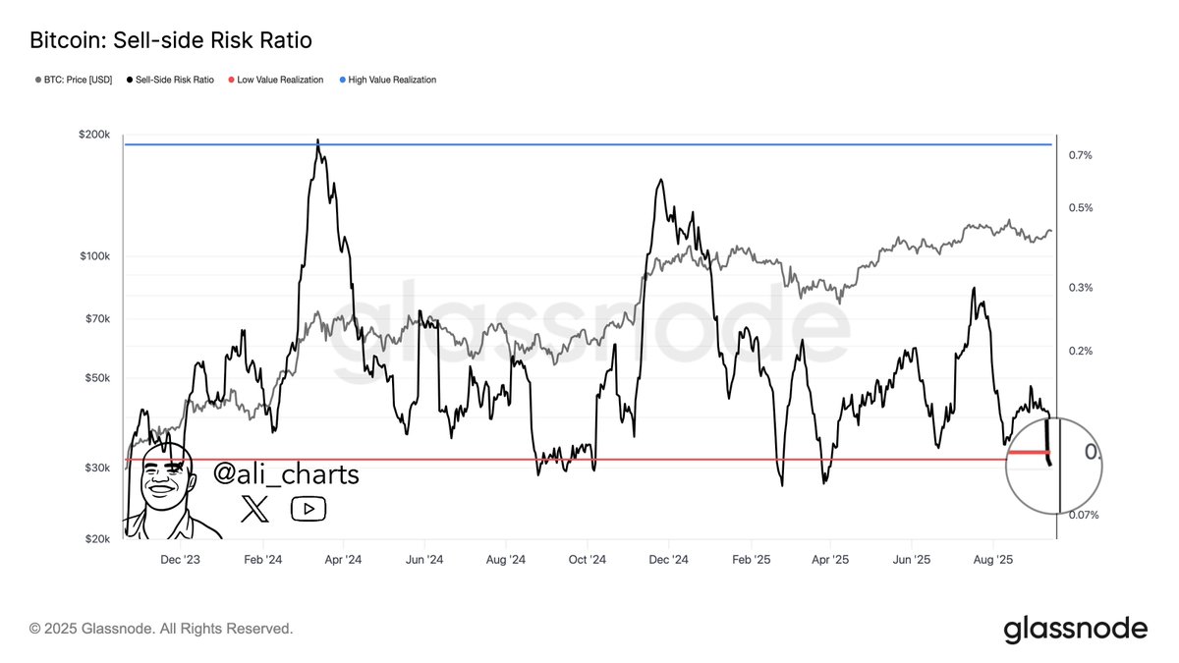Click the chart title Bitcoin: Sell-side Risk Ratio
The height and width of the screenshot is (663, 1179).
click(x=171, y=41)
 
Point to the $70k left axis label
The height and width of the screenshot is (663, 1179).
click(x=98, y=319)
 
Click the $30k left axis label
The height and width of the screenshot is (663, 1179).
click(x=98, y=469)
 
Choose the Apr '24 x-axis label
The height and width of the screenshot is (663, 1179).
click(x=342, y=560)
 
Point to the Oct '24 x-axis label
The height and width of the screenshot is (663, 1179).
click(x=586, y=560)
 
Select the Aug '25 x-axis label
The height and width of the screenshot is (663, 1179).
click(x=992, y=560)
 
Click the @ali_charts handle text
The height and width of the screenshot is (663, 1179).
click(x=286, y=475)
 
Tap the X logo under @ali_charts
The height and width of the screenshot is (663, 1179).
click(x=254, y=508)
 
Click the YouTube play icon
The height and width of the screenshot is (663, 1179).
click(x=308, y=508)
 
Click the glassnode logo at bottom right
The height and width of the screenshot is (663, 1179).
click(x=1075, y=629)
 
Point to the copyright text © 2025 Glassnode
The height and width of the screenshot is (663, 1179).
click(x=161, y=628)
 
